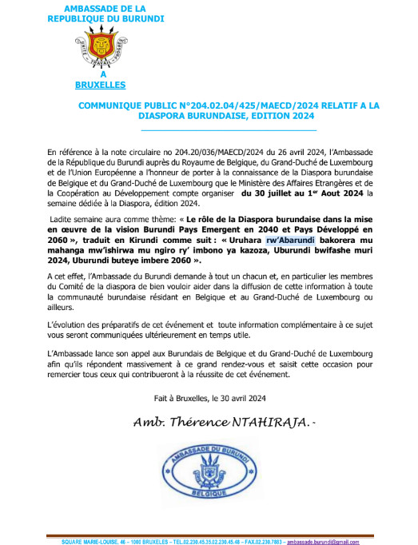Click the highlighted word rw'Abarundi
pos(291,239)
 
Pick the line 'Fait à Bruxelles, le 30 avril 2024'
pos(209,397)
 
